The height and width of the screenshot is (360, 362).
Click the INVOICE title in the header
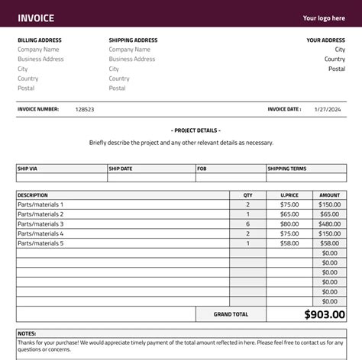pyautogui.click(x=36, y=18)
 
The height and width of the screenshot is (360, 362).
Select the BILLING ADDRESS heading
pyautogui.click(x=40, y=40)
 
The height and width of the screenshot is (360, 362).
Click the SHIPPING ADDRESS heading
pyautogui.click(x=133, y=40)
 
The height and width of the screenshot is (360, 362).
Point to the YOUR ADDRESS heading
pyautogui.click(x=325, y=40)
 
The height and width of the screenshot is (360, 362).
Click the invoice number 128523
pyautogui.click(x=85, y=110)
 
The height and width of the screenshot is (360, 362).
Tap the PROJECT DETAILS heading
pyautogui.click(x=181, y=130)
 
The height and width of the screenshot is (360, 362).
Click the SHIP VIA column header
pyautogui.click(x=28, y=169)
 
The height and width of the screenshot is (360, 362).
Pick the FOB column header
pyautogui.click(x=202, y=169)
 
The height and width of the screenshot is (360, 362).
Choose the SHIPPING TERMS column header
pyautogui.click(x=287, y=169)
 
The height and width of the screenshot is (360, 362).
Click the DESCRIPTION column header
pyautogui.click(x=33, y=195)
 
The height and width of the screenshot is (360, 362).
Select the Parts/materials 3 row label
pyautogui.click(x=40, y=224)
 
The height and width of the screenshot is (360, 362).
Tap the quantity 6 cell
pyautogui.click(x=247, y=224)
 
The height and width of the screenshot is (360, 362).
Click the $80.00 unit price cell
pyautogui.click(x=289, y=224)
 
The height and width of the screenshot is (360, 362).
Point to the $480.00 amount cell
pyautogui.click(x=329, y=224)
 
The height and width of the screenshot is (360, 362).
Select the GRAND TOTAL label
pyautogui.click(x=231, y=314)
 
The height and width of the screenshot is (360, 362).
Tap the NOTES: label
pyautogui.click(x=27, y=333)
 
